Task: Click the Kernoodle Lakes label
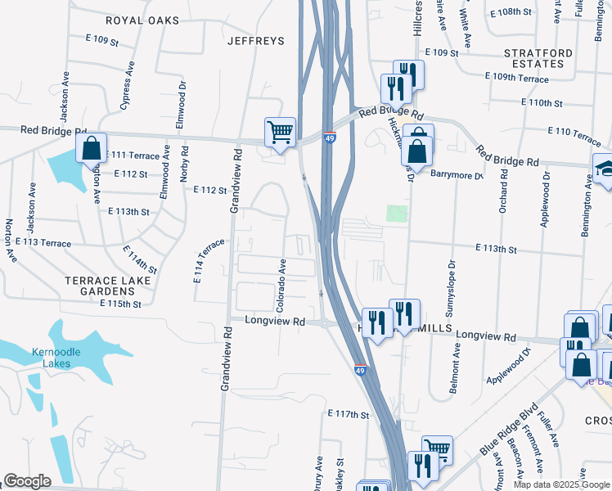[51, 358]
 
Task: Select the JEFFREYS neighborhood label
[255, 40]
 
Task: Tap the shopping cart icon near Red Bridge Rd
[280, 132]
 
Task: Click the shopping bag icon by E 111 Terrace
[92, 148]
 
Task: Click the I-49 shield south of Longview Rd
[360, 371]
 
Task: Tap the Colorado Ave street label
[281, 286]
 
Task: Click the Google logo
[27, 481]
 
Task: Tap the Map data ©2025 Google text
[560, 484]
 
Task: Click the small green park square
[397, 214]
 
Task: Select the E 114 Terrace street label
[209, 261]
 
